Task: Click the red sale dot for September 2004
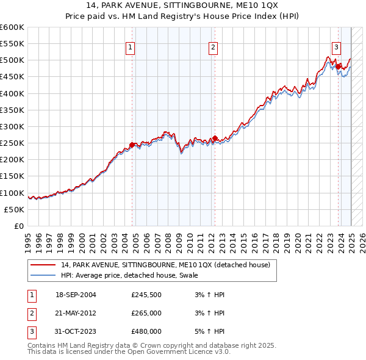click(x=132, y=145)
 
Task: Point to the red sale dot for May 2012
click(x=215, y=139)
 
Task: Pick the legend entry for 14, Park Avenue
click(x=168, y=265)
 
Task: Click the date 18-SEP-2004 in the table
click(x=76, y=295)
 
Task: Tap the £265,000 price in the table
click(x=146, y=313)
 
